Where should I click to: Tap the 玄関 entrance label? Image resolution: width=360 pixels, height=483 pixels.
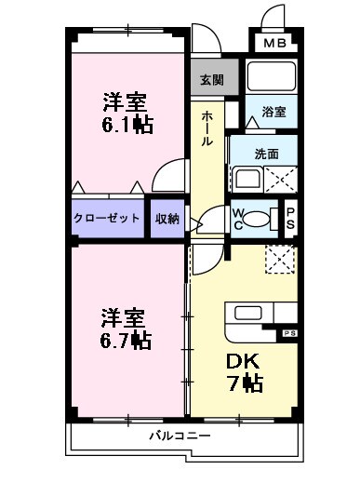point(211,80)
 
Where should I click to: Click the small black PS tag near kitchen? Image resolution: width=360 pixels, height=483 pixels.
point(288,330)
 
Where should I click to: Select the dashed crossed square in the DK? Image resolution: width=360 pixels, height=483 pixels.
point(279,259)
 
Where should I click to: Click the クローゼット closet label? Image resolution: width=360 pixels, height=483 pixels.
point(108,218)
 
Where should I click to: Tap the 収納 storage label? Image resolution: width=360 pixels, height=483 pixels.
point(167,218)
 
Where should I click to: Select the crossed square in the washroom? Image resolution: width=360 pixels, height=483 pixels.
point(280,178)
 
